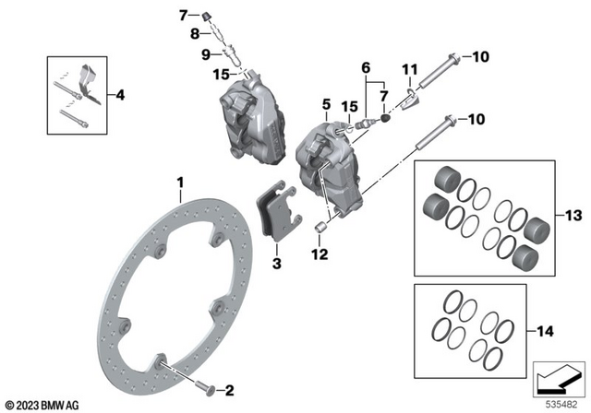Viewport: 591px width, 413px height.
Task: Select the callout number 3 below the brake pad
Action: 275,265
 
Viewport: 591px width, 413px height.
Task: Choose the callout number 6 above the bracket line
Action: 366,68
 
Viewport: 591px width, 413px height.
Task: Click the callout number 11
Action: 407,68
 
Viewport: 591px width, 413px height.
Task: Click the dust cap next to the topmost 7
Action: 209,15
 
